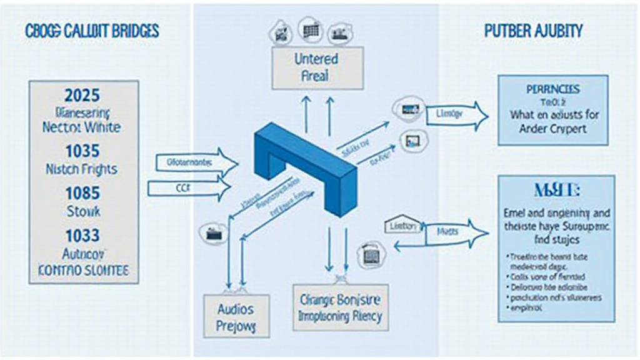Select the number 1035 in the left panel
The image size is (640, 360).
coord(82,151)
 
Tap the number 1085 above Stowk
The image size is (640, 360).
coord(82,192)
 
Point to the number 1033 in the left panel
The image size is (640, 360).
coord(82,236)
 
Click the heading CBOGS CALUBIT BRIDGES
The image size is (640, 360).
coord(92,31)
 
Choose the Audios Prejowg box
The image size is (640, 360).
coord(234,317)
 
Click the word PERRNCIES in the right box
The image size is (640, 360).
coord(552,89)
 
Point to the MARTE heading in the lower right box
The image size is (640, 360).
coord(552,189)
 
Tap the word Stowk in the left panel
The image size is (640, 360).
coord(82,211)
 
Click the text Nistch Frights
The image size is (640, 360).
coord(82,169)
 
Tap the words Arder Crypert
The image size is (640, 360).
coord(552,130)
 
